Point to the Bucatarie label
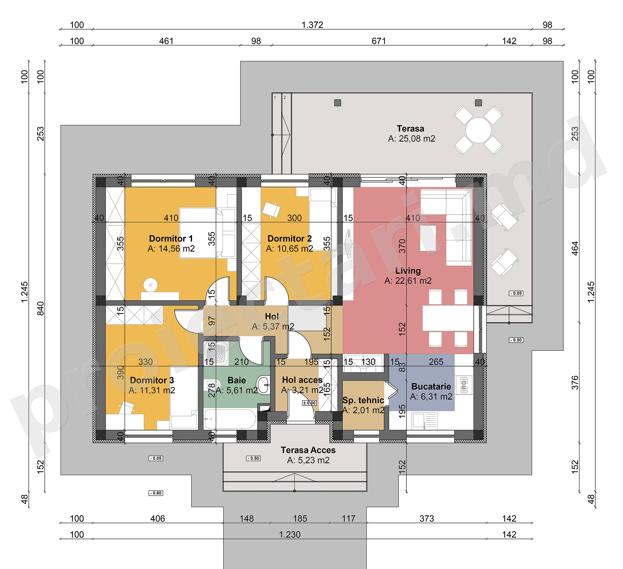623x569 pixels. pyautogui.click(x=431, y=387)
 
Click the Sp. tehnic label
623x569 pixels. pyautogui.click(x=363, y=400)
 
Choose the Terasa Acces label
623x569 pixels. pyautogui.click(x=308, y=450)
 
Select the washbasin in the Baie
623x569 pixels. pyautogui.click(x=263, y=385)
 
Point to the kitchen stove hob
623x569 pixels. pyautogui.click(x=464, y=385)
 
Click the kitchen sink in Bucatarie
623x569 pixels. pyautogui.click(x=424, y=420)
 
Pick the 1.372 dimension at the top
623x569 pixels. pyautogui.click(x=312, y=25)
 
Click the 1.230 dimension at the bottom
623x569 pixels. pyautogui.click(x=290, y=534)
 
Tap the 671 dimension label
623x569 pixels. pyautogui.click(x=379, y=41)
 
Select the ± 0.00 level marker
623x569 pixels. pyautogui.click(x=309, y=403)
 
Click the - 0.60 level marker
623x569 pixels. pyautogui.click(x=156, y=493)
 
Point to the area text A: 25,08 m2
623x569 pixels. pyautogui.click(x=411, y=139)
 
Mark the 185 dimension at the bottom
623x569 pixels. pyautogui.click(x=300, y=518)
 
